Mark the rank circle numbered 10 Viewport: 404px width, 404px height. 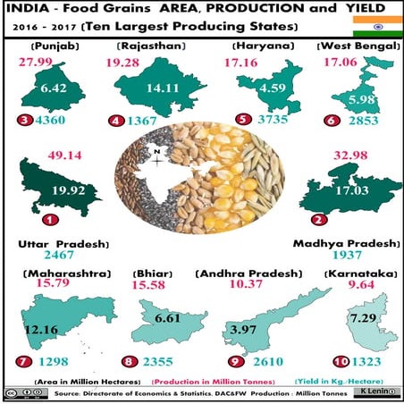coord(338,362)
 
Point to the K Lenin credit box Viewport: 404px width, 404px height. coord(375,392)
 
